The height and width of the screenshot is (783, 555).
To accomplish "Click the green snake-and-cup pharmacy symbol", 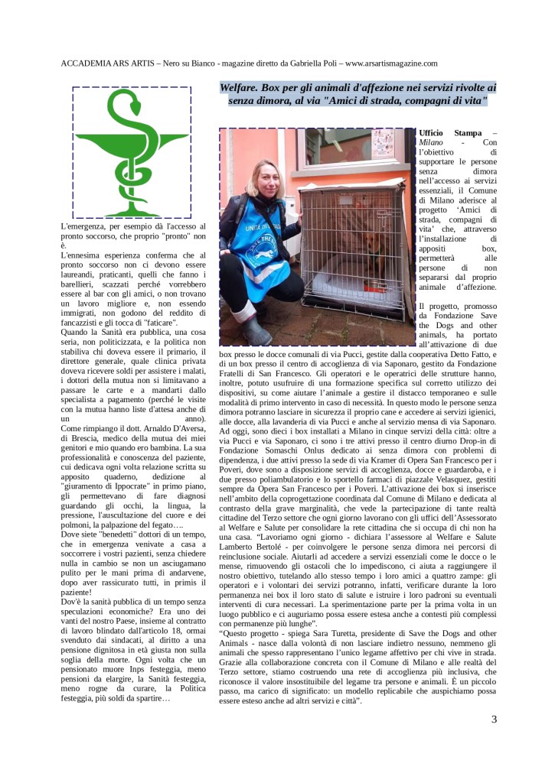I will point(132,153).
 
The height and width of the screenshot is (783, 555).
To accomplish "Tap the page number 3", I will point(495,719).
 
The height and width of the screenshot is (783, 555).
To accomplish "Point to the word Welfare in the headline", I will point(242,88).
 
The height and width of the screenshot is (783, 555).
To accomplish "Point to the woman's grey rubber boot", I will point(256,329).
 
